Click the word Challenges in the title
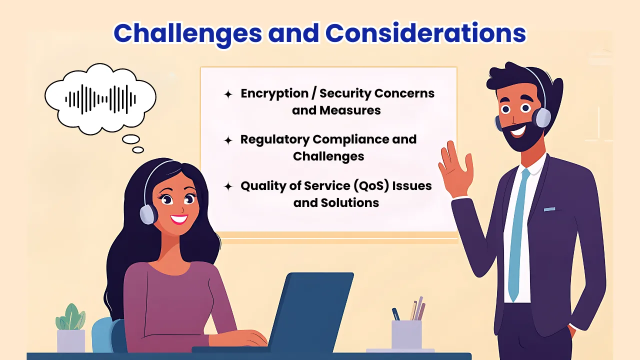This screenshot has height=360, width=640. click(x=187, y=33)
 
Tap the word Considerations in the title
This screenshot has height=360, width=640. click(x=425, y=33)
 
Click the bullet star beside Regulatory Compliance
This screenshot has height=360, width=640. click(x=228, y=140)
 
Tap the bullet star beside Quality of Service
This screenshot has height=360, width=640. click(x=228, y=186)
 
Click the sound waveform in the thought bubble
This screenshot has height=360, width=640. click(x=100, y=98)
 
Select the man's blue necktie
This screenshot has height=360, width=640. click(x=516, y=235)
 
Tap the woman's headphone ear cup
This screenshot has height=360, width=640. click(x=148, y=214)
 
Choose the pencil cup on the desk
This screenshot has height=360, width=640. click(x=406, y=333)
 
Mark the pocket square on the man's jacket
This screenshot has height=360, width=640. click(x=549, y=208)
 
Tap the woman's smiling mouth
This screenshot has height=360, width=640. click(x=178, y=218)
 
